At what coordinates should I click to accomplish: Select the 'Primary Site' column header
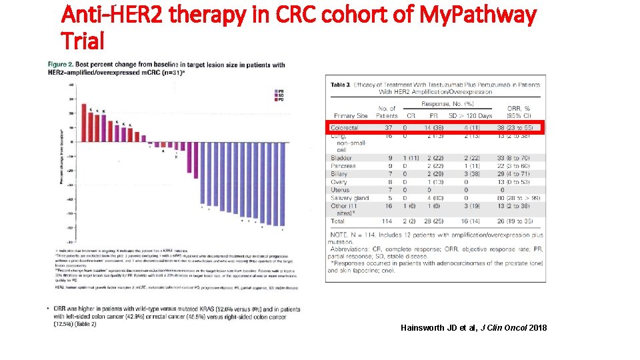click(351, 116)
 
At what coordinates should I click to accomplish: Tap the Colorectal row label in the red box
click(345, 127)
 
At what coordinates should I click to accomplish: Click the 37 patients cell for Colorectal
click(388, 127)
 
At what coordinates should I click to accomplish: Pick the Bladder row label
click(341, 158)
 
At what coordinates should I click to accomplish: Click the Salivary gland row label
click(350, 198)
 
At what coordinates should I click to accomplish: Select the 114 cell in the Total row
click(387, 221)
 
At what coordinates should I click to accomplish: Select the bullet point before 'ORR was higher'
click(48, 309)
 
